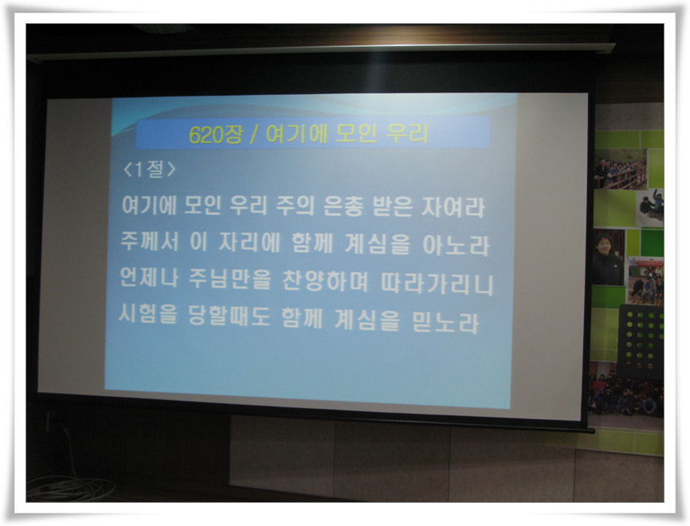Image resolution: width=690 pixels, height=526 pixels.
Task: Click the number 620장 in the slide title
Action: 215,134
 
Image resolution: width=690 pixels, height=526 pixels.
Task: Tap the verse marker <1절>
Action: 150,169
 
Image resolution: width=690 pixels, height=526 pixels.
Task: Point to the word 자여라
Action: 453,207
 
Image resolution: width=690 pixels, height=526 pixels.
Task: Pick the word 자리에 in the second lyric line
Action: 249,242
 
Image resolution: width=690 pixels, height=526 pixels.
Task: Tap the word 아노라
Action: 456,245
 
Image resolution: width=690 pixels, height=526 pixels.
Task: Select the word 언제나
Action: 149,277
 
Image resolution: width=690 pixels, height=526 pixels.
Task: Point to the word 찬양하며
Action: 325,281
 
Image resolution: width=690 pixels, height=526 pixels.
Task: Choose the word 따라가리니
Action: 437,284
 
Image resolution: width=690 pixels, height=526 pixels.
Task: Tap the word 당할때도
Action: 229,316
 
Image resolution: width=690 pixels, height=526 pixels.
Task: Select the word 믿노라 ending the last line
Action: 445,322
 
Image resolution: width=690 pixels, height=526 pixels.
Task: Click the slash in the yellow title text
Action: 253,134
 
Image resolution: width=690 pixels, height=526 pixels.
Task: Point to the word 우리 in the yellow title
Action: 407,133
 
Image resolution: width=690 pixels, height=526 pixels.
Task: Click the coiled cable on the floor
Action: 70,489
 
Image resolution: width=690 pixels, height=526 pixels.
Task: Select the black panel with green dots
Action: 641,341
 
